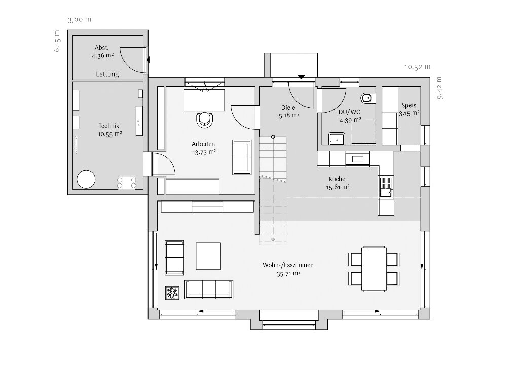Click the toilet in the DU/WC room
click(x=366, y=98)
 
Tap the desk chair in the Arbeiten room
click(x=205, y=120)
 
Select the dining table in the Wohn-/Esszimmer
click(x=374, y=269)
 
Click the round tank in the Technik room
click(x=86, y=179)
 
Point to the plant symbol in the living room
click(x=173, y=293)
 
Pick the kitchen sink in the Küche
click(x=386, y=187)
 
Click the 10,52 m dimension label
click(x=418, y=67)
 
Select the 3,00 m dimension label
click(x=80, y=20)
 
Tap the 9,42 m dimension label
click(x=439, y=88)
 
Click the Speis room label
click(x=409, y=105)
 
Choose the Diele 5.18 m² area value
click(x=289, y=116)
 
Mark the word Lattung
click(x=107, y=74)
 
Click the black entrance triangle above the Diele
click(x=301, y=77)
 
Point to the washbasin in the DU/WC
click(x=337, y=139)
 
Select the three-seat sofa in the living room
click(x=209, y=290)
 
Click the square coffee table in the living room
click(x=208, y=256)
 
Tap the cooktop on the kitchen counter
click(x=357, y=159)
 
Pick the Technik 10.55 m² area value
click(x=110, y=135)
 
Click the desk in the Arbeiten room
click(x=204, y=100)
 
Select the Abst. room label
click(x=101, y=48)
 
